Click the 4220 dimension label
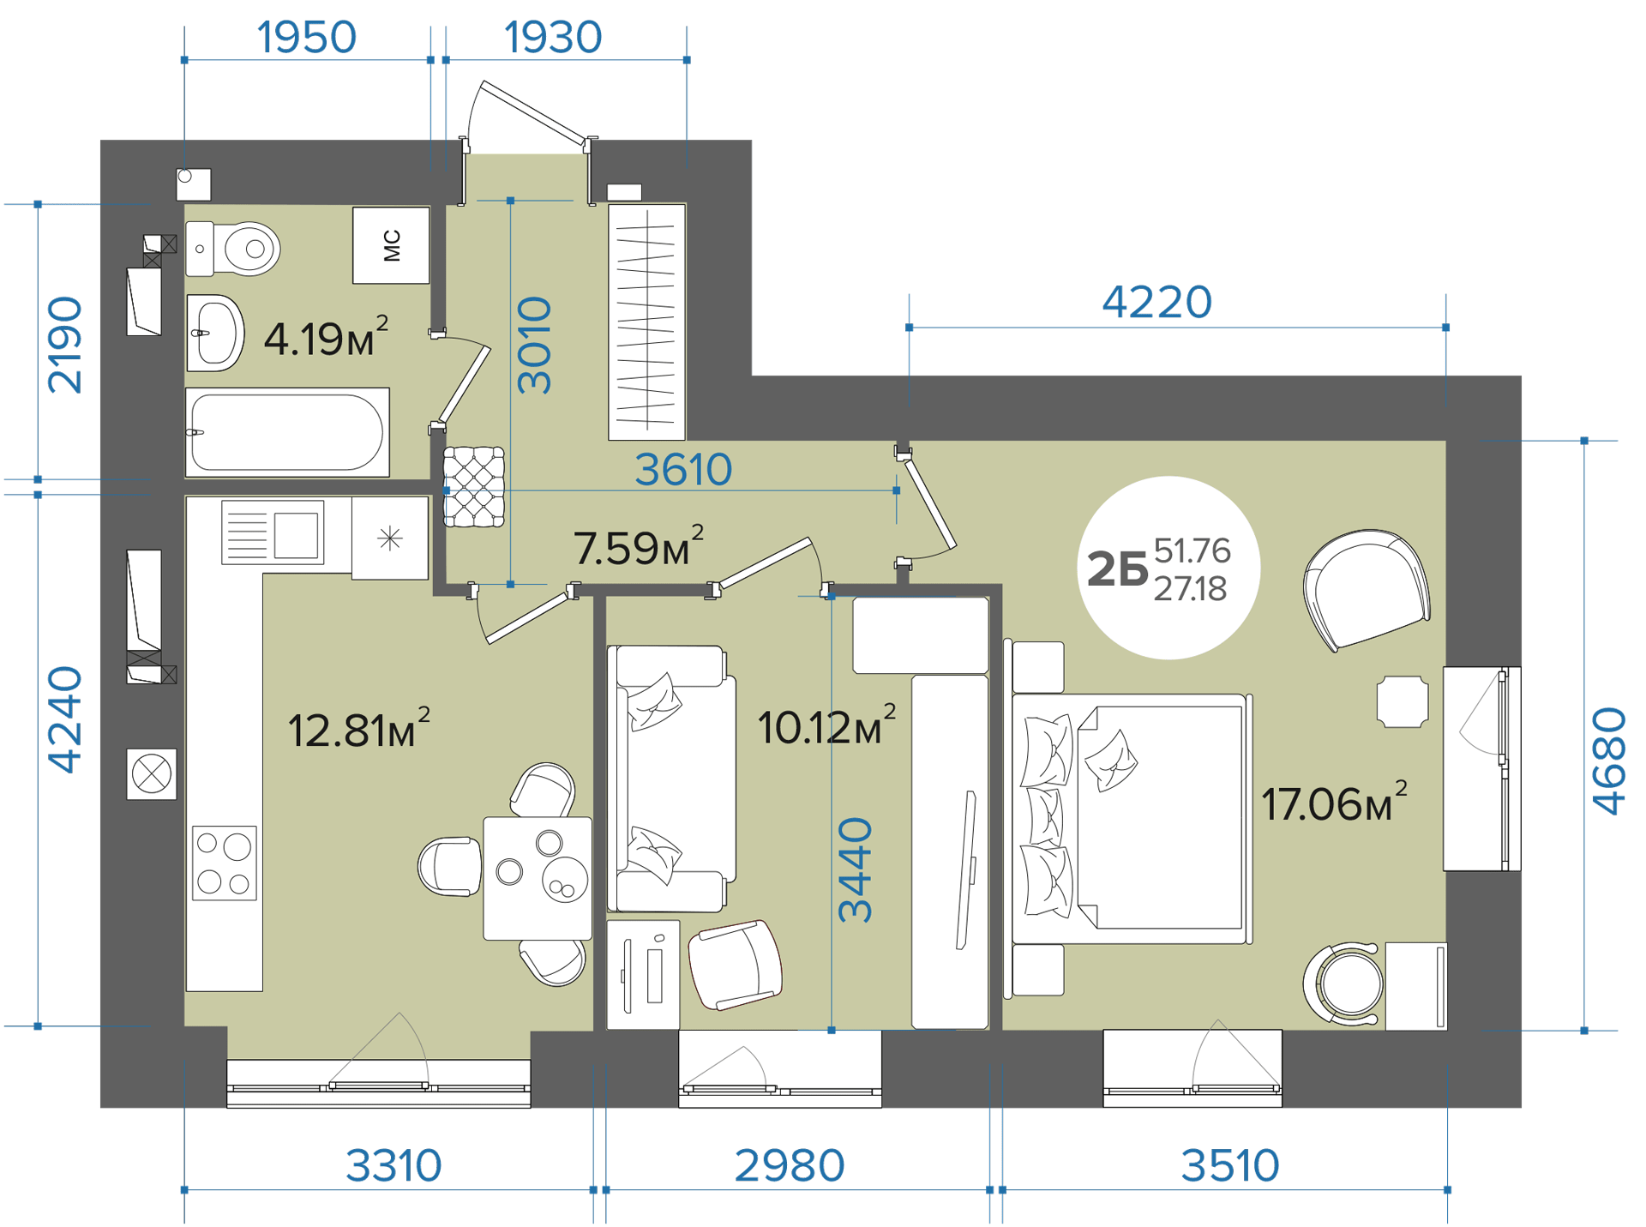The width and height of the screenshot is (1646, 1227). pyautogui.click(x=1156, y=302)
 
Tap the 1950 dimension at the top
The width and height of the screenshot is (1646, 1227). pyautogui.click(x=306, y=38)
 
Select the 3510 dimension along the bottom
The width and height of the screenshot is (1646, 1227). pyautogui.click(x=1229, y=1166)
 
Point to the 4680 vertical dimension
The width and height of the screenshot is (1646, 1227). pyautogui.click(x=1608, y=761)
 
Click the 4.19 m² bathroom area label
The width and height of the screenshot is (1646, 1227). pyautogui.click(x=326, y=337)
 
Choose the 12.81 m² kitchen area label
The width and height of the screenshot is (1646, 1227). pyautogui.click(x=358, y=729)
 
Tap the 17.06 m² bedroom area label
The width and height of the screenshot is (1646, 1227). pyautogui.click(x=1334, y=803)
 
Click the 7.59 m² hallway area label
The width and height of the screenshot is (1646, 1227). pyautogui.click(x=638, y=546)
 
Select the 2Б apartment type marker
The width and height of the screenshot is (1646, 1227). pyautogui.click(x=1116, y=569)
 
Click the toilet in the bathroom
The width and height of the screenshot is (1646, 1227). pyautogui.click(x=233, y=249)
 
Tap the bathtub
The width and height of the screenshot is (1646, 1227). pyautogui.click(x=287, y=432)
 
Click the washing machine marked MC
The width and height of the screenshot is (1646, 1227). pyautogui.click(x=391, y=245)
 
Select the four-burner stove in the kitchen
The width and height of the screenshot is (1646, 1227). pyautogui.click(x=224, y=863)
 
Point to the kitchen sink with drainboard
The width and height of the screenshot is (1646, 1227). pyautogui.click(x=273, y=532)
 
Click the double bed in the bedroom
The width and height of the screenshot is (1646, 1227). pyautogui.click(x=1130, y=820)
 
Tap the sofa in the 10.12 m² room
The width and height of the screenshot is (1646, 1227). pyautogui.click(x=671, y=779)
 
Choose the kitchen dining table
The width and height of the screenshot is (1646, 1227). pyautogui.click(x=538, y=878)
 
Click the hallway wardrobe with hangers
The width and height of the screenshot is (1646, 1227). pyautogui.click(x=646, y=322)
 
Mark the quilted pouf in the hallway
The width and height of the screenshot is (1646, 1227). pyautogui.click(x=473, y=486)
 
